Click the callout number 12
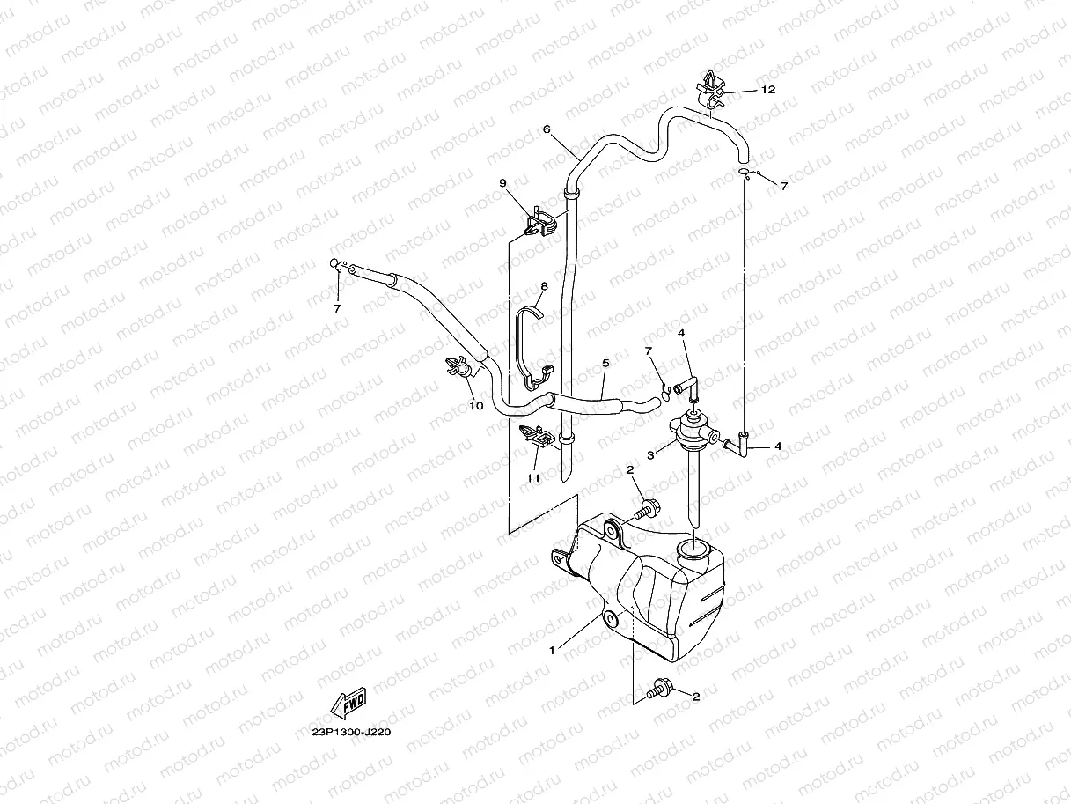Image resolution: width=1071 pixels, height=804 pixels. (x=768, y=90)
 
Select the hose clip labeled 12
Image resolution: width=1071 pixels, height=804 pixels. (x=712, y=87)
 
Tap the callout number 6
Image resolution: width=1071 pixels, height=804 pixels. (x=547, y=129)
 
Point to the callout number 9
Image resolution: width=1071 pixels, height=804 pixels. (x=503, y=183)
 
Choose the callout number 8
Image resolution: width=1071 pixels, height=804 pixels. (x=544, y=286)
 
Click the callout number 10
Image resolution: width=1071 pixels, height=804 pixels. (x=476, y=406)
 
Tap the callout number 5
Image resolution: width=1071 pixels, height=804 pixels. (x=605, y=363)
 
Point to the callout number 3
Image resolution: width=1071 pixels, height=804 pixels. (x=650, y=455)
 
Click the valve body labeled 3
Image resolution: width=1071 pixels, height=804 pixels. (x=693, y=427)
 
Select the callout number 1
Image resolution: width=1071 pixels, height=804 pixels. (x=552, y=651)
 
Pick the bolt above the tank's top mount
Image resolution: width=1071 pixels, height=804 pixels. (x=649, y=507)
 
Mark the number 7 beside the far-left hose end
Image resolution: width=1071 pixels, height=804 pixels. (x=337, y=309)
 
